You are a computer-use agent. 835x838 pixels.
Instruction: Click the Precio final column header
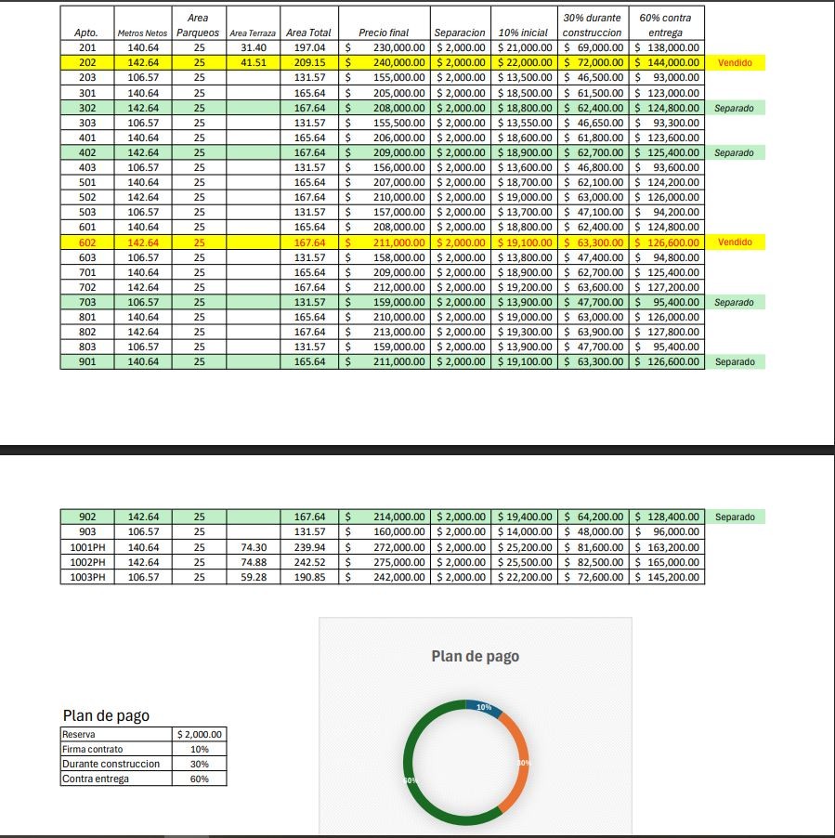coord(384,33)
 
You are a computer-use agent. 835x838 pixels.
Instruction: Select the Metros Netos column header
coord(142,33)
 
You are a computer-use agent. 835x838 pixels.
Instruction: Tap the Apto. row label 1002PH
coord(87,562)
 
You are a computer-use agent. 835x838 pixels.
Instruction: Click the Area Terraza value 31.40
coord(253,47)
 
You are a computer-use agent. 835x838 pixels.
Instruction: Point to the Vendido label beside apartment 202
coord(735,63)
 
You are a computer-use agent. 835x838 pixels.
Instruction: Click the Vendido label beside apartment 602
coord(735,242)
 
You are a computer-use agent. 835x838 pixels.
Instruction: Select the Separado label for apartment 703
coord(734,302)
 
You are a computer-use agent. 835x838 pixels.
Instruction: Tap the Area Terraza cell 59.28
coord(254,577)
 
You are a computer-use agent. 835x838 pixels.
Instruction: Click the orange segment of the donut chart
coord(516,764)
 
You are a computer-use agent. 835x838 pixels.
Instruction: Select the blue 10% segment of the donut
coord(484,707)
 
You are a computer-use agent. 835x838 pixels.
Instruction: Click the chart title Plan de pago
coord(475,656)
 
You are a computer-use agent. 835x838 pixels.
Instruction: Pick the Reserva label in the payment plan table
coord(78,734)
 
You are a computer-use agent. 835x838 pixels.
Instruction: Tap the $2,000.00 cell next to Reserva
coord(199,734)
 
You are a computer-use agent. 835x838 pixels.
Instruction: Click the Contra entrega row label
coord(96,779)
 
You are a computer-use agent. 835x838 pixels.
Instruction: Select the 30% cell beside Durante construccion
coord(199,764)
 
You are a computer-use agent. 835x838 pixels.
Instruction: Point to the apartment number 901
coord(87,361)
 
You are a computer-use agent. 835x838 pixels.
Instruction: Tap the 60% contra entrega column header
coord(665,25)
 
